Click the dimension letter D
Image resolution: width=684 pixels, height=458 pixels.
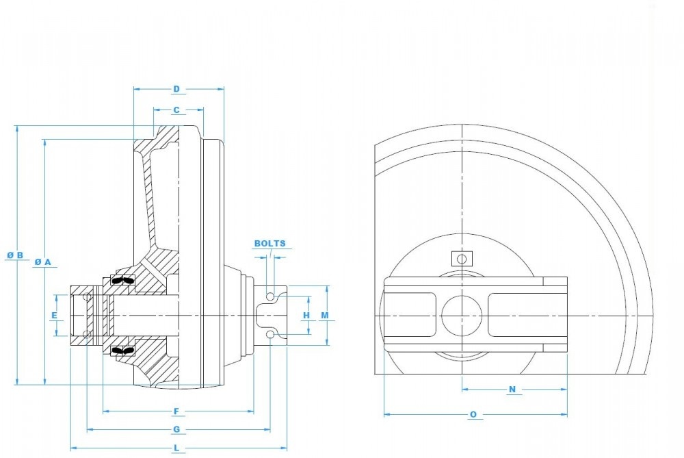click(176, 89)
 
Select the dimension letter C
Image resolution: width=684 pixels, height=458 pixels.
click(176, 110)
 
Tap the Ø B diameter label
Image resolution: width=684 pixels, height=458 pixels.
click(16, 255)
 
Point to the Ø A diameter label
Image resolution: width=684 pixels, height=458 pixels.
click(43, 262)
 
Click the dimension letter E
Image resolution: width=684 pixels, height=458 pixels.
click(54, 315)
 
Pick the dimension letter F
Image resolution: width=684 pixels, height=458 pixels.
click(176, 411)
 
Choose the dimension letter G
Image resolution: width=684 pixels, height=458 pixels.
click(176, 429)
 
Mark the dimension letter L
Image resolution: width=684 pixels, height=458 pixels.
click(176, 448)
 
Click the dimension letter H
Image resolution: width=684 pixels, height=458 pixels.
click(306, 315)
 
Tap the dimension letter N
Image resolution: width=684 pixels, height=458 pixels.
click(512, 390)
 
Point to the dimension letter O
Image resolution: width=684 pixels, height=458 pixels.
click(473, 414)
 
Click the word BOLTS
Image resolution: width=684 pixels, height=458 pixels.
click(270, 243)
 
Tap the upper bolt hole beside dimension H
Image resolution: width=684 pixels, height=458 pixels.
click(271, 296)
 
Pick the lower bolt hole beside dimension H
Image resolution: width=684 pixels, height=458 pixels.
click(271, 334)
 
